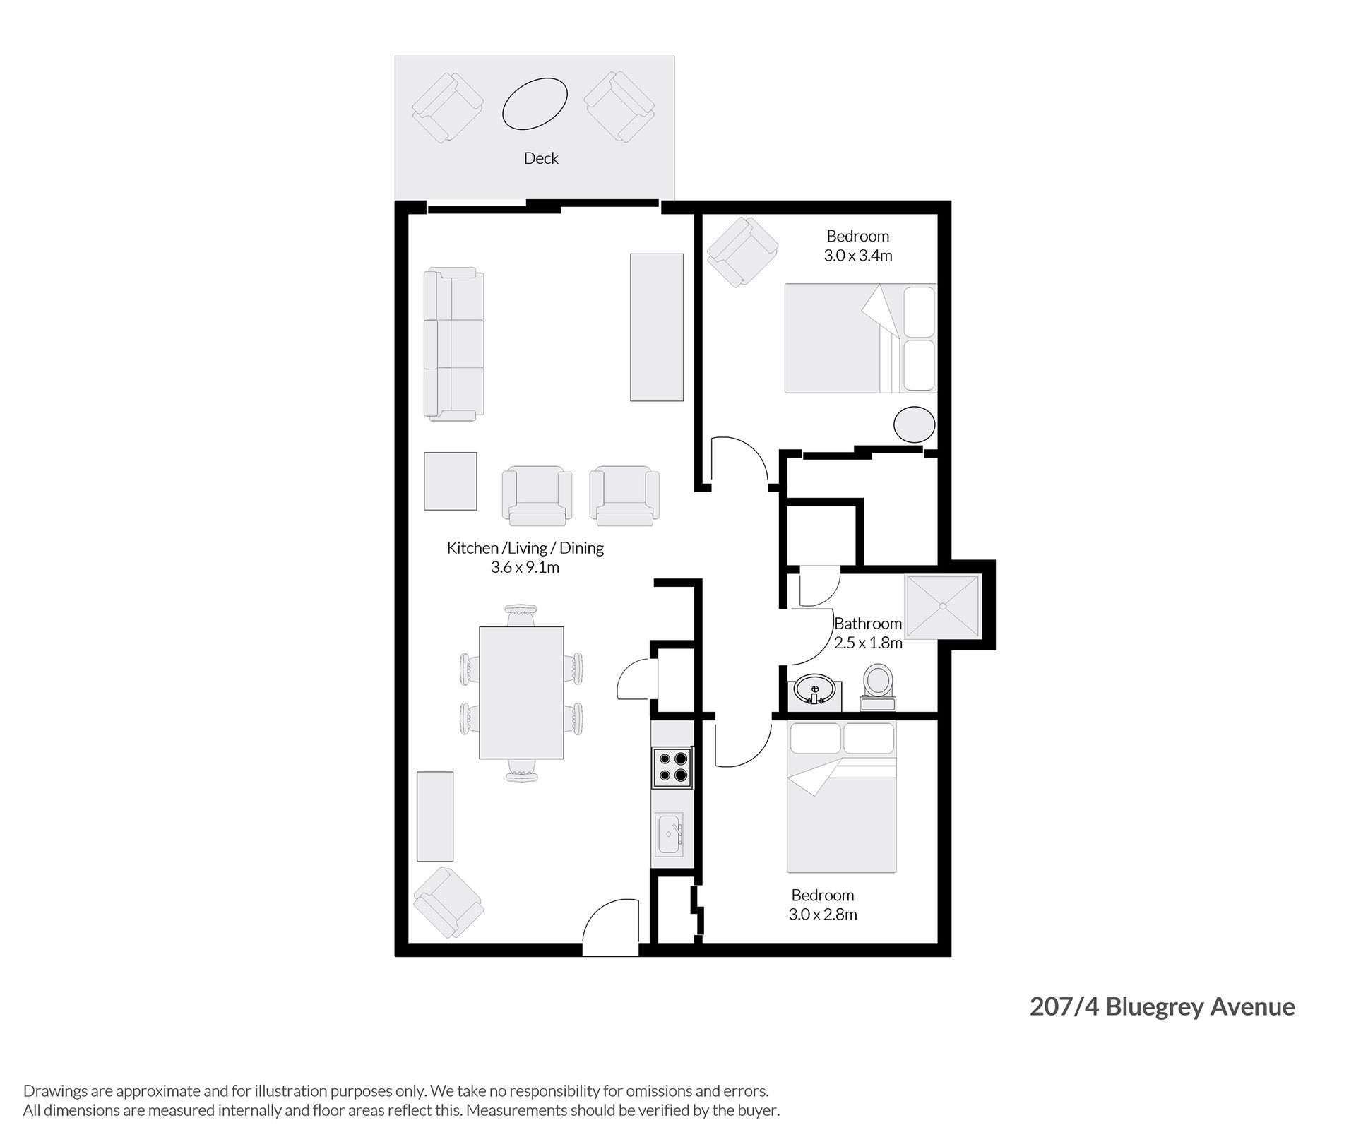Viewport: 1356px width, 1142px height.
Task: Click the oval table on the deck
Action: pos(535,104)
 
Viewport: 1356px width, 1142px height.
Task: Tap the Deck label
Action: pos(541,158)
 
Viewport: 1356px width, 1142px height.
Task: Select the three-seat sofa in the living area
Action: pos(454,344)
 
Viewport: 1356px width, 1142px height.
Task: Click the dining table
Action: pos(521,692)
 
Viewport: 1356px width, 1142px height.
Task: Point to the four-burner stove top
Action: pos(672,768)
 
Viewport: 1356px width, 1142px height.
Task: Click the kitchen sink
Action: pos(669,834)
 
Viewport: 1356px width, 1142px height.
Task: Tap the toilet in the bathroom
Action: pos(878,686)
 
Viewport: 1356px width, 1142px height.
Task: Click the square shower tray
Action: pos(943,605)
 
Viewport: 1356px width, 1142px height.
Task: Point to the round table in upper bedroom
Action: pos(915,425)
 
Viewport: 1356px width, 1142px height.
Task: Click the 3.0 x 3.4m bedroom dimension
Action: pos(858,256)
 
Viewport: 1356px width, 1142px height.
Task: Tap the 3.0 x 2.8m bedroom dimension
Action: pos(823,915)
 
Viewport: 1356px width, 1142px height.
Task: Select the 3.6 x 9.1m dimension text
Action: pos(525,567)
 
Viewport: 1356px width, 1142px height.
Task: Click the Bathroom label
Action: pos(868,624)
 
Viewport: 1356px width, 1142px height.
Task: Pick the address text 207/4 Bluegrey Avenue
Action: pos(1162,1006)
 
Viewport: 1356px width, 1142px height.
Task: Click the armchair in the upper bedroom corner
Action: pos(743,251)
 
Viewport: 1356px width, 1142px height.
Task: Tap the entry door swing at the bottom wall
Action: pos(612,927)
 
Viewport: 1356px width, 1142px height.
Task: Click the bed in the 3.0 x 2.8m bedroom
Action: pos(842,797)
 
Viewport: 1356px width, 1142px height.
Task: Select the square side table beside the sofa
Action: pos(451,481)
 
